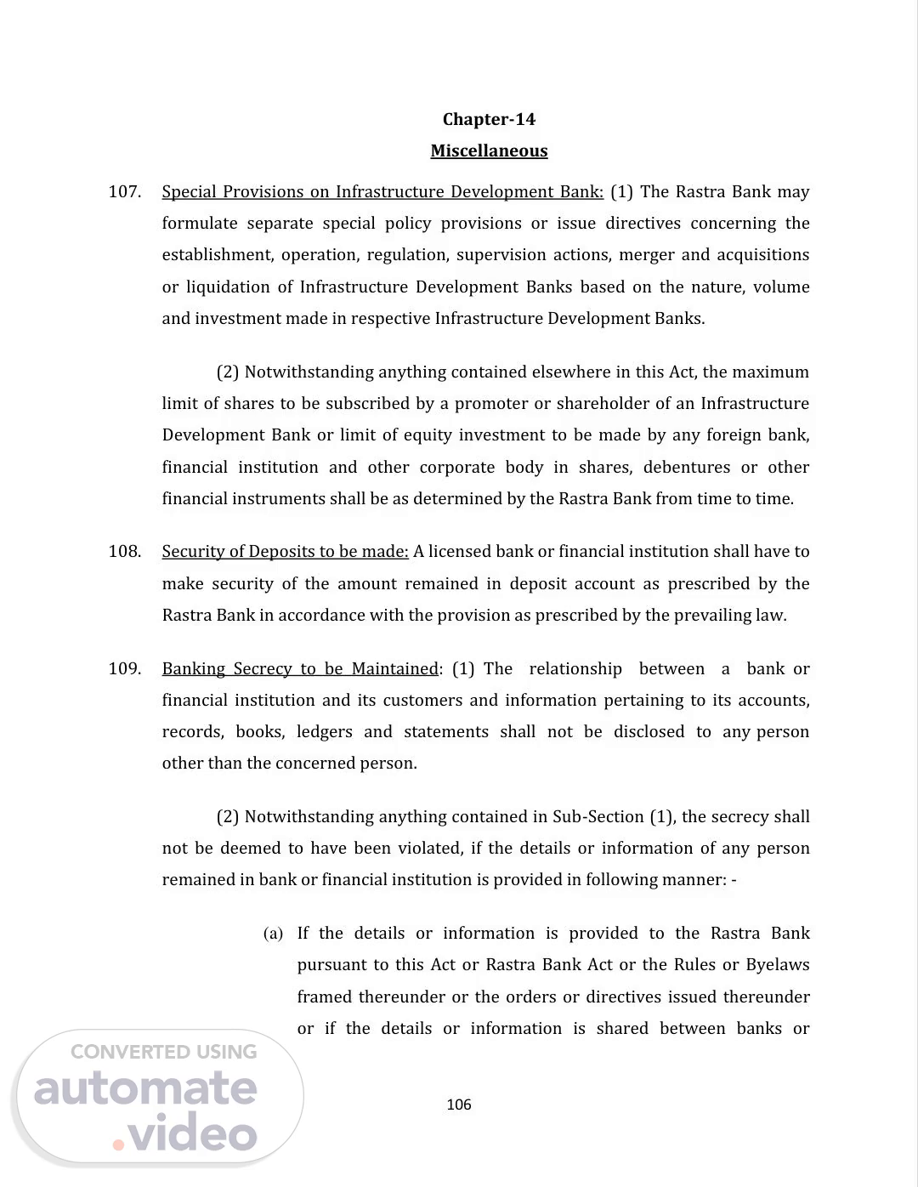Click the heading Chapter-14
point(489,119)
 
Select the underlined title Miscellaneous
point(489,151)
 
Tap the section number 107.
point(124,192)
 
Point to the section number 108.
point(124,552)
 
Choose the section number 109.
point(124,669)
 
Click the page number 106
point(459,1105)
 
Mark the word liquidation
point(228,287)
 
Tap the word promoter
point(489,404)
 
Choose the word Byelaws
point(778,965)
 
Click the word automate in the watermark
point(145,1089)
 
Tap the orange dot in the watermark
point(118,1144)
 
